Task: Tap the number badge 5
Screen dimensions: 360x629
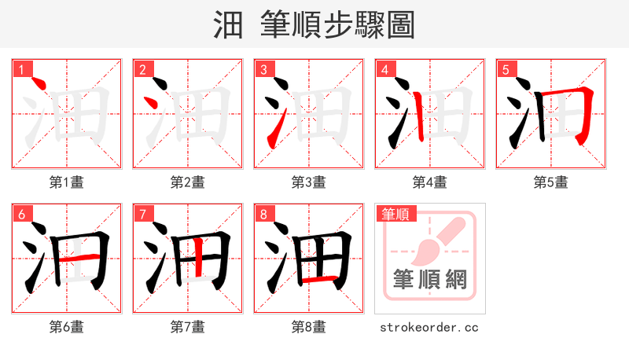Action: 506,69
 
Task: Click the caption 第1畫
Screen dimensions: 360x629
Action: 67,182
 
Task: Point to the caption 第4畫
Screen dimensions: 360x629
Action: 430,182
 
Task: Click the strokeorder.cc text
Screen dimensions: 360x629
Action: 429,327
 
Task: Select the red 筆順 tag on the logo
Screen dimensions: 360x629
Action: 395,214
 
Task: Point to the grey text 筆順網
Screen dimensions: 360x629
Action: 429,278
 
